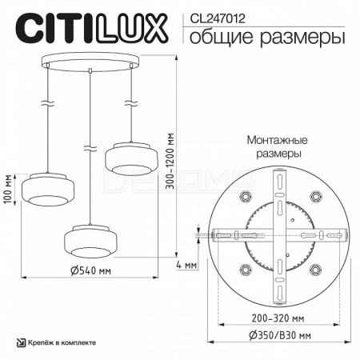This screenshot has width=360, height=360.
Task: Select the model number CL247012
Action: pyautogui.click(x=218, y=19)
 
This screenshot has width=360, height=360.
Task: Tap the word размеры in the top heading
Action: pyautogui.click(x=302, y=38)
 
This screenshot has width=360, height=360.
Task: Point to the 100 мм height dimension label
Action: pyautogui.click(x=9, y=189)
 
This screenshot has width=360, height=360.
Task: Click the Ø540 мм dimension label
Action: pyautogui.click(x=90, y=270)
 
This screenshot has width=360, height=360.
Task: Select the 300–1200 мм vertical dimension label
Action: pyautogui.click(x=170, y=161)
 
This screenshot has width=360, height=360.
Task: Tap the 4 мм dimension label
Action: pyautogui.click(x=186, y=265)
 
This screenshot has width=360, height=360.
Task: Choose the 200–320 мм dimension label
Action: pyautogui.click(x=278, y=318)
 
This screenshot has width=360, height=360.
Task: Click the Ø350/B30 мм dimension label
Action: pyautogui.click(x=280, y=335)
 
